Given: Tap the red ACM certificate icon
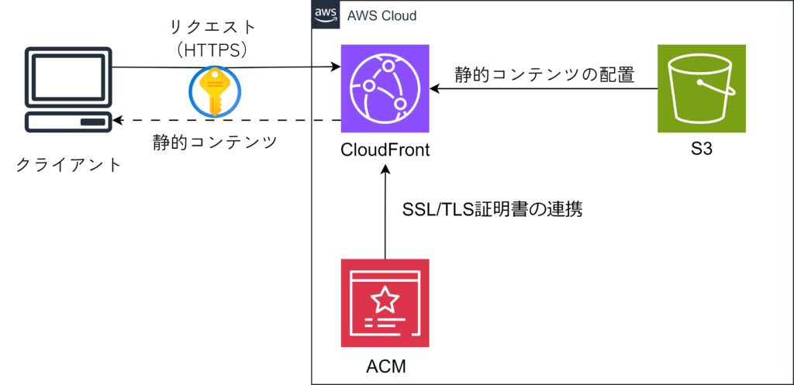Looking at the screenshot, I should pyautogui.click(x=385, y=303).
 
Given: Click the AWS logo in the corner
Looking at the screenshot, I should pyautogui.click(x=323, y=15).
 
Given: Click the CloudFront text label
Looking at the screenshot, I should pyautogui.click(x=385, y=150).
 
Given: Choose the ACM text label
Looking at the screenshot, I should pyautogui.click(x=385, y=365).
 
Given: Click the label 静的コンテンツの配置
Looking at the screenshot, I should pyautogui.click(x=544, y=74).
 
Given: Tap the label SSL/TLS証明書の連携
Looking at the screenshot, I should pyautogui.click(x=492, y=209).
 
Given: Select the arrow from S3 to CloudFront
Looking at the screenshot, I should pyautogui.click(x=543, y=89).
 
